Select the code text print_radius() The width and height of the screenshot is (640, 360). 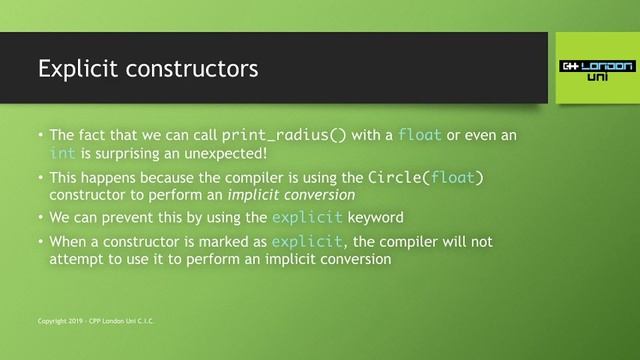point(284,134)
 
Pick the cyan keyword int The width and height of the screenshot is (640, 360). point(61,153)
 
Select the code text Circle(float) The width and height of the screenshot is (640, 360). point(427,178)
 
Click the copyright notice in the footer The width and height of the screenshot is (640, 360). point(97,321)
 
